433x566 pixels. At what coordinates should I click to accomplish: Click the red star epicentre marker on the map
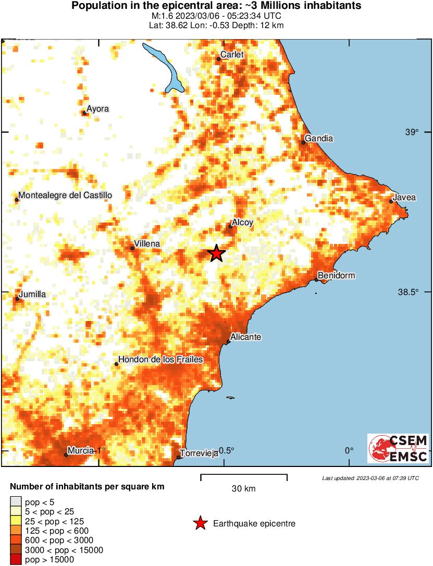tap(217, 253)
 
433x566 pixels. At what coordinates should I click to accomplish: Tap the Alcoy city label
tap(242, 223)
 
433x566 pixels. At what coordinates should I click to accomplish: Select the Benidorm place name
tap(336, 275)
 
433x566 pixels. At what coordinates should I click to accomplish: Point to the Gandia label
tap(318, 139)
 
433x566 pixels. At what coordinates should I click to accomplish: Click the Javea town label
tap(404, 198)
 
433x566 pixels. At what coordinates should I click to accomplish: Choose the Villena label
tap(147, 244)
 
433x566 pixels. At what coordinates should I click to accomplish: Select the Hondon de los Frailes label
tap(160, 360)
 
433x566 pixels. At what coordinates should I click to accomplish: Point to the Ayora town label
tap(97, 109)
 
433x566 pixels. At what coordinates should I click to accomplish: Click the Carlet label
tap(232, 55)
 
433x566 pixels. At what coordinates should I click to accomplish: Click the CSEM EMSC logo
tap(398, 448)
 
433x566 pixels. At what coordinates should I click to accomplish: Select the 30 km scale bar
tap(244, 475)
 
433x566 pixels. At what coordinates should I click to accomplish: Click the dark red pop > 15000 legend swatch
tap(16, 560)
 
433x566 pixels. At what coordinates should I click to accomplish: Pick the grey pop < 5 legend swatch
tap(16, 502)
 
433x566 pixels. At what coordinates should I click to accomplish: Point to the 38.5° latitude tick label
tap(408, 292)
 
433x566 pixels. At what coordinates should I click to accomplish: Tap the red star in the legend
tap(200, 523)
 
